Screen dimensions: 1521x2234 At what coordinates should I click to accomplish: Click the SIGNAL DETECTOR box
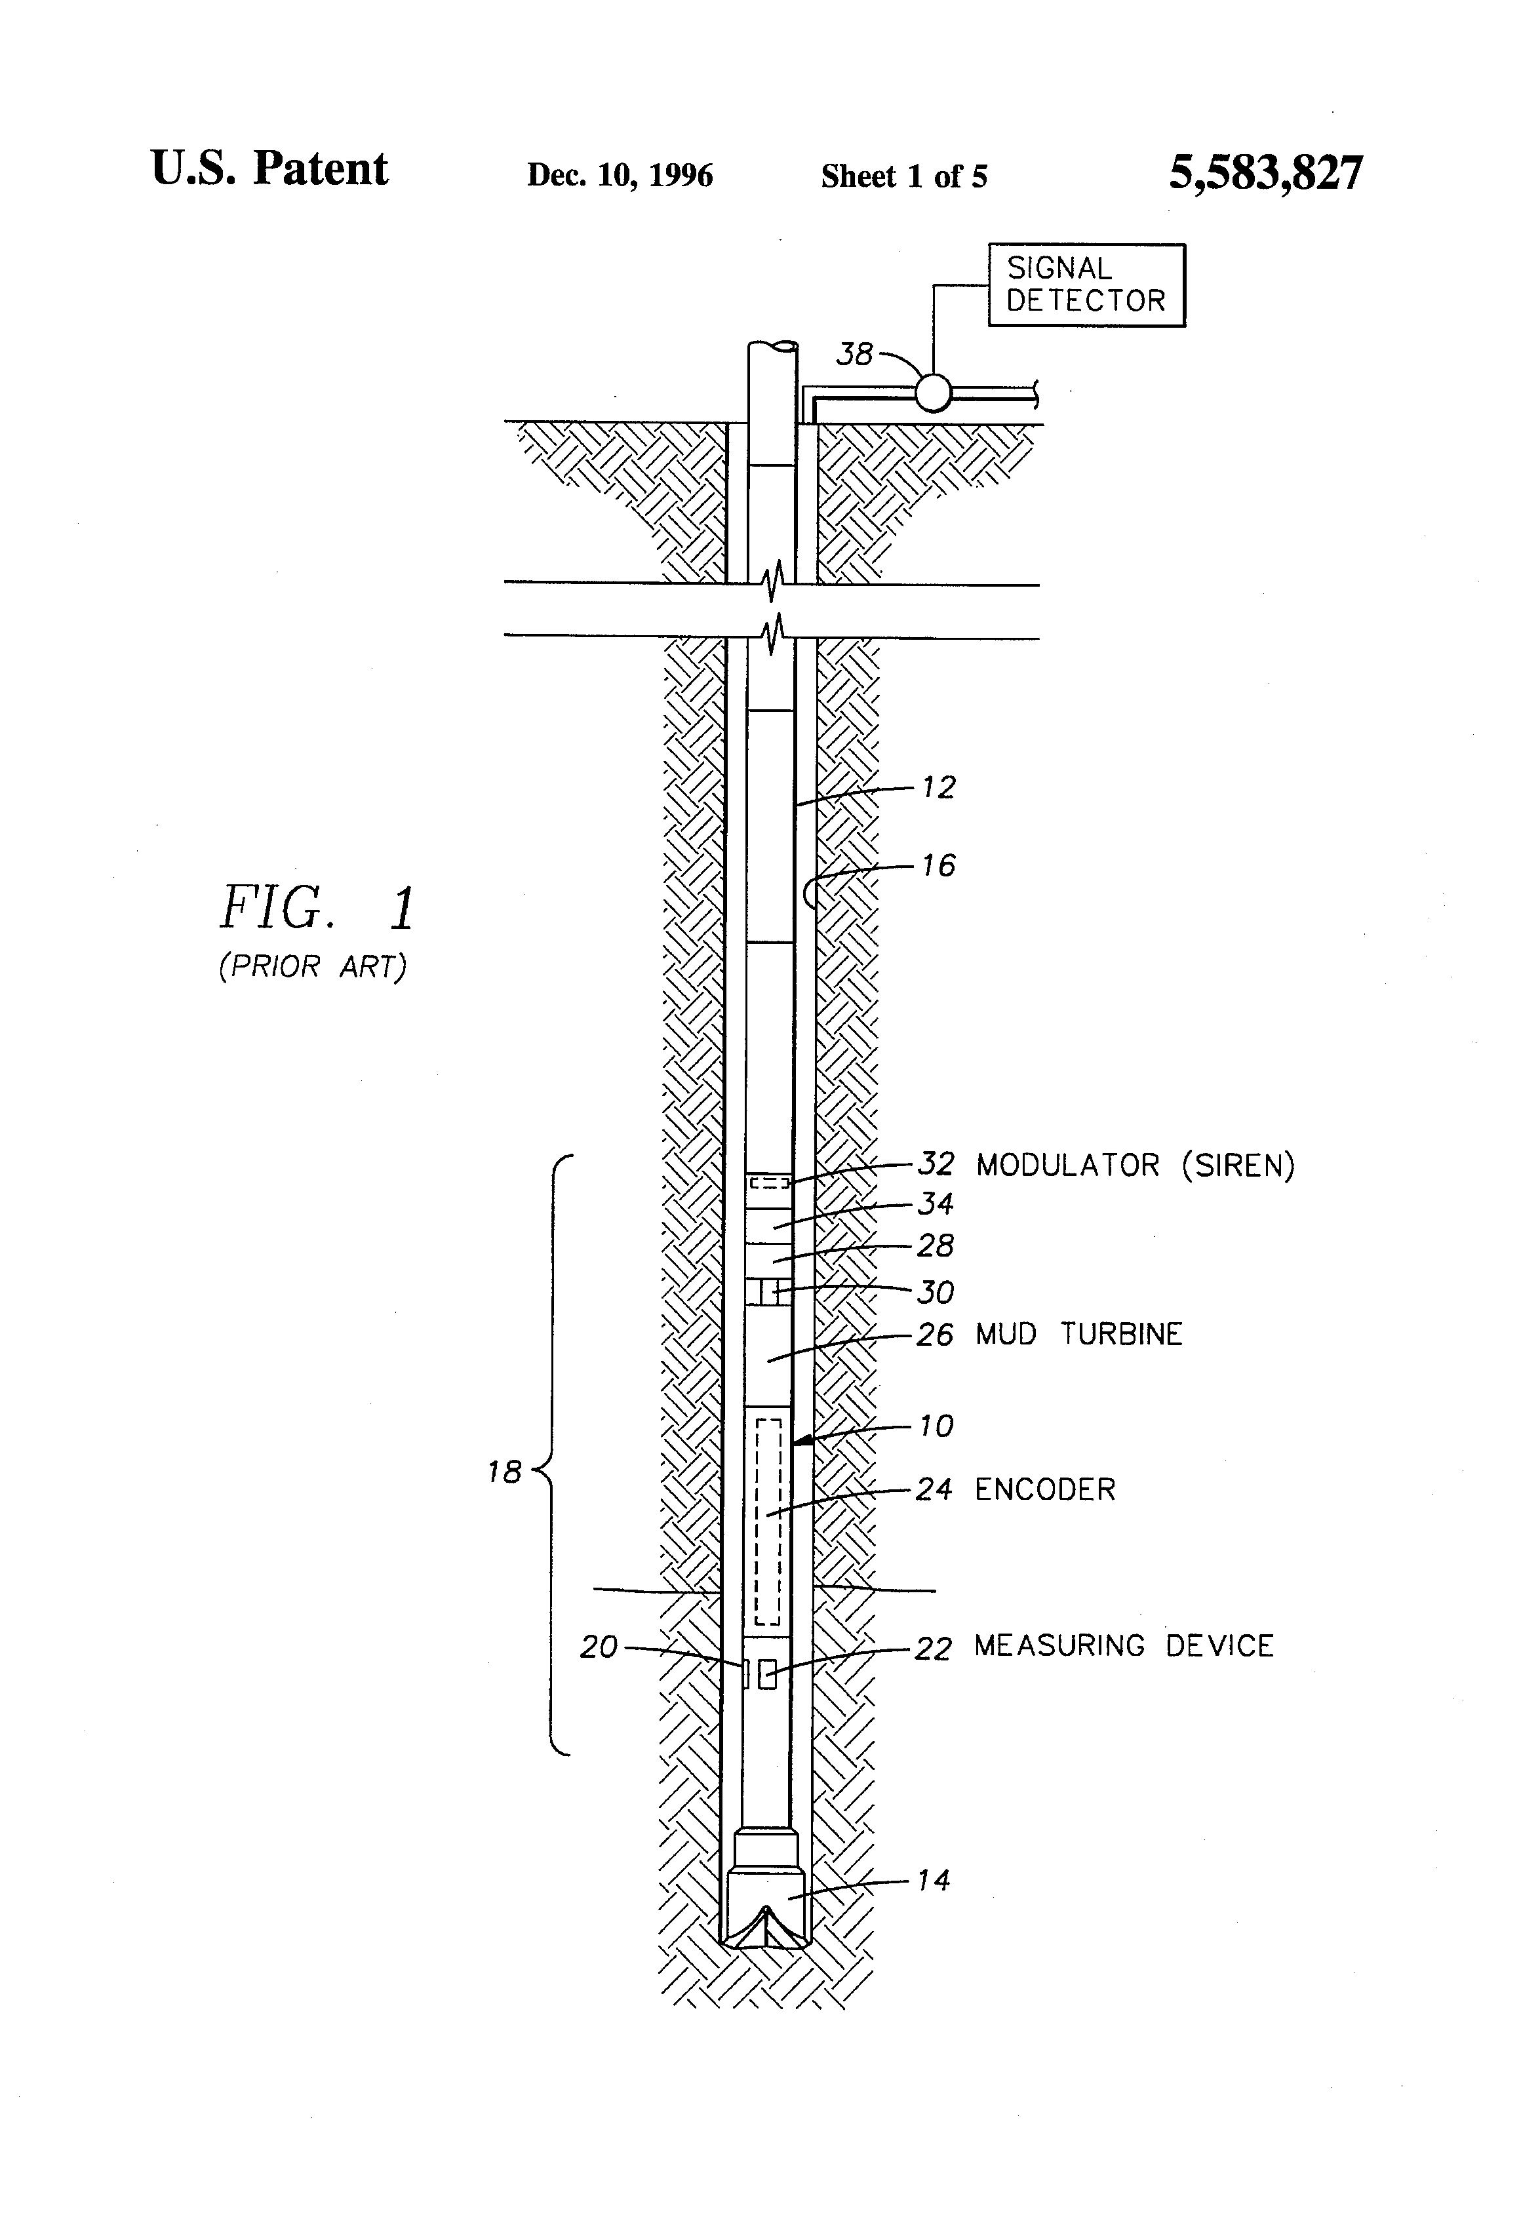click(1086, 286)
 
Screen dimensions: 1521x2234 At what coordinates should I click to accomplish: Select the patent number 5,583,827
click(1265, 173)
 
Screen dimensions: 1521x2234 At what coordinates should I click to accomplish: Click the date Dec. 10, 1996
click(620, 175)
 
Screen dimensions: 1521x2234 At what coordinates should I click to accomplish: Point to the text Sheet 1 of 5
click(904, 176)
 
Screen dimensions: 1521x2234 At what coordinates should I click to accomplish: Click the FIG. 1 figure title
click(317, 909)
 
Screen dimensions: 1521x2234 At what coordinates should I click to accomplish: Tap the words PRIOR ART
click(313, 966)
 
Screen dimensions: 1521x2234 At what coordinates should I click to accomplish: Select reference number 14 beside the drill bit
click(933, 1879)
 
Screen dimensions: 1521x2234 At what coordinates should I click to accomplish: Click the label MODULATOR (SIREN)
click(1136, 1165)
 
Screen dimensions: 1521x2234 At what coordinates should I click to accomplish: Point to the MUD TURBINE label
click(1078, 1334)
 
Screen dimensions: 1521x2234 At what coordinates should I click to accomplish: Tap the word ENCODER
click(1045, 1489)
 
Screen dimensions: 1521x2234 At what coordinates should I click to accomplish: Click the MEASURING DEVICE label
click(1124, 1646)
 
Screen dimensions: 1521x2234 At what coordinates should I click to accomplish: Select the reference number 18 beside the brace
click(504, 1472)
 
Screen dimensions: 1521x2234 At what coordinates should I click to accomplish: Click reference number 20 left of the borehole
click(598, 1647)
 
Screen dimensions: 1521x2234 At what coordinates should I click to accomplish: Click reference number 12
click(938, 787)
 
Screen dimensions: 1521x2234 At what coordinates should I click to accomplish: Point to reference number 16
click(938, 865)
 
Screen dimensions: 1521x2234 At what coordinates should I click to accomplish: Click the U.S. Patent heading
click(269, 169)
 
